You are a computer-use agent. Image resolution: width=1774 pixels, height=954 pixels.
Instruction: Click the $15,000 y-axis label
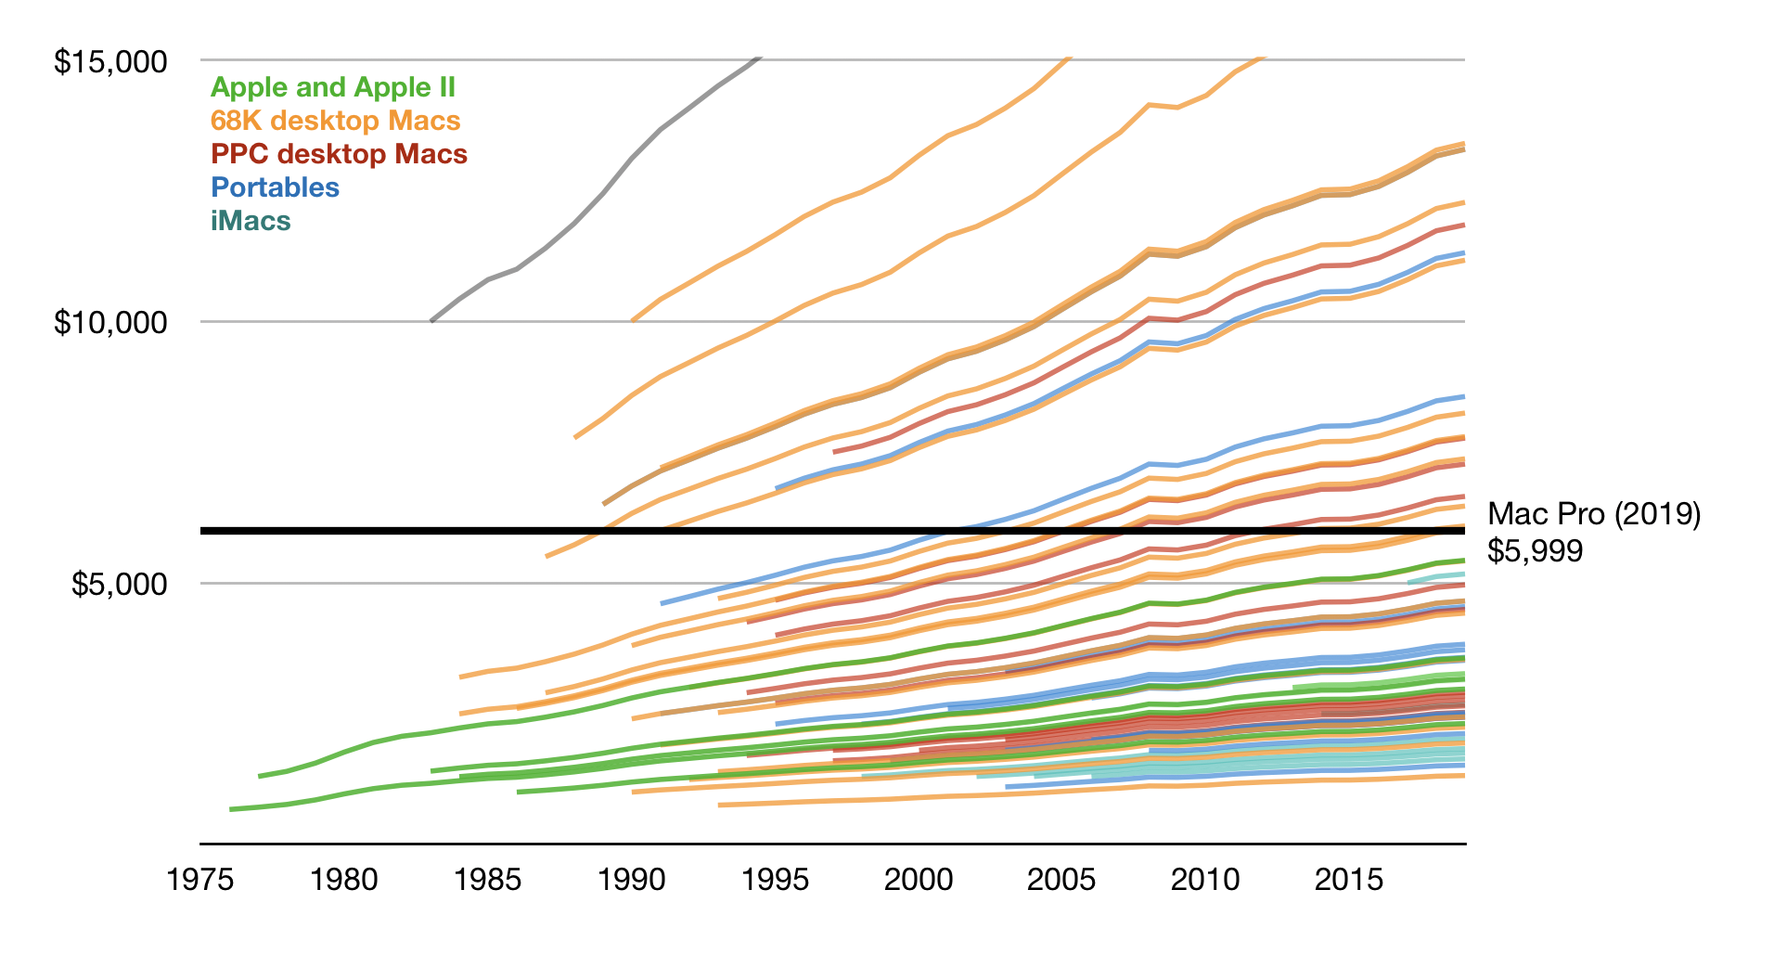point(110,62)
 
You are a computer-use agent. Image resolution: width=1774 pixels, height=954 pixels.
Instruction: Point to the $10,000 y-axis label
point(110,323)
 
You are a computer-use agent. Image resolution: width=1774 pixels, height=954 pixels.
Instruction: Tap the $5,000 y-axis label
point(119,585)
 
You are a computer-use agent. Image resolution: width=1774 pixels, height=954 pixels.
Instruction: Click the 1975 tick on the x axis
point(200,879)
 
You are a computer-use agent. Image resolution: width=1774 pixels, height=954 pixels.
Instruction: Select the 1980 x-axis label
point(344,879)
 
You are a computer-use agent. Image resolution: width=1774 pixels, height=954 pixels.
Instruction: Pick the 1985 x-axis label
point(488,879)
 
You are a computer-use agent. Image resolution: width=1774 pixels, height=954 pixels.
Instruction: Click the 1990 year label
point(632,879)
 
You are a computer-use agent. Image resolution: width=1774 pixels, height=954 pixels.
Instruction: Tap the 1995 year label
point(776,879)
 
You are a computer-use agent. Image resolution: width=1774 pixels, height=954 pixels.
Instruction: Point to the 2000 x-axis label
point(919,879)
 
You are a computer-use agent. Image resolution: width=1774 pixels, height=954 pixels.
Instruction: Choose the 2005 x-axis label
point(1061,879)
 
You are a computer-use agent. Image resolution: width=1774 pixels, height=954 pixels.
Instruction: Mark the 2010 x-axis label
point(1205,879)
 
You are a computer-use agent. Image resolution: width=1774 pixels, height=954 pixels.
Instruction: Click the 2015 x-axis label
point(1349,879)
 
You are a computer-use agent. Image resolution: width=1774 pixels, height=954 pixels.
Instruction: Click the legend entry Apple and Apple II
point(332,87)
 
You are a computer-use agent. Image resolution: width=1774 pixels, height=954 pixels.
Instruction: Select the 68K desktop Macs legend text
point(335,121)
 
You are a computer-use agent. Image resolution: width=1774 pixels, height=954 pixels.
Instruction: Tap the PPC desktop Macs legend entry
point(339,154)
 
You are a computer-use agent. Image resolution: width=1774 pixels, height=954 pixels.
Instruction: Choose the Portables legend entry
point(276,187)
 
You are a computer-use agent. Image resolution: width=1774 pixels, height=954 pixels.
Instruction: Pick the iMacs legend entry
point(251,221)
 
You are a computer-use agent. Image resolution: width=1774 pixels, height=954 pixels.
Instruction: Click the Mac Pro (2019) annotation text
point(1593,513)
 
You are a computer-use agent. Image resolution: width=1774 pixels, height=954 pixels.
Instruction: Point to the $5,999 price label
point(1535,551)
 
